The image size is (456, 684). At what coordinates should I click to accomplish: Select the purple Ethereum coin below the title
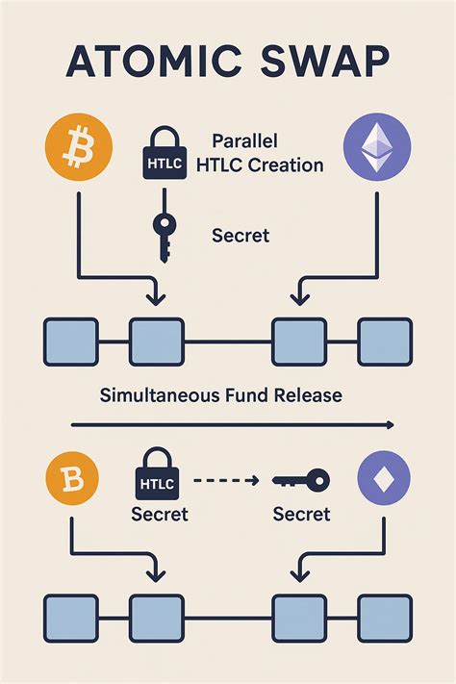[x=377, y=147]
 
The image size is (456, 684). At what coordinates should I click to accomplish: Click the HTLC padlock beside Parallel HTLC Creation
[x=161, y=153]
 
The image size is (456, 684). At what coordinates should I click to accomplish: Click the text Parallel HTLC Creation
[x=259, y=152]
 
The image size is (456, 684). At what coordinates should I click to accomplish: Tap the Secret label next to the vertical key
[x=241, y=235]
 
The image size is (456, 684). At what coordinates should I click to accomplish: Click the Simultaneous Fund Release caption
[x=221, y=394]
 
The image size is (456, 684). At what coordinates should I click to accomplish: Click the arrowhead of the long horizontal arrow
[x=387, y=424]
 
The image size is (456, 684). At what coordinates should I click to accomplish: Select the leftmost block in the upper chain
[x=71, y=342]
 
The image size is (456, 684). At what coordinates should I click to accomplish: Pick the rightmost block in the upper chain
[x=385, y=342]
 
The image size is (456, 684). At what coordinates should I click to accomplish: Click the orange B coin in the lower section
[x=71, y=479]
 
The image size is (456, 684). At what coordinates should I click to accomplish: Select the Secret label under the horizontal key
[x=301, y=514]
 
